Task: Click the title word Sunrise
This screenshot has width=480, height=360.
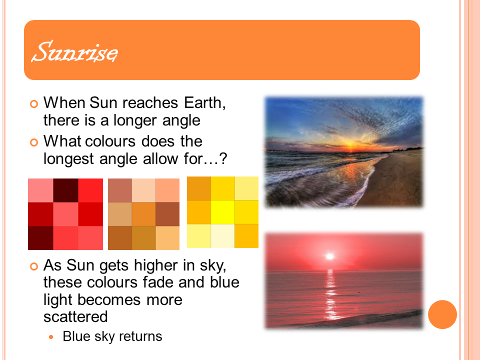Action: pyautogui.click(x=74, y=51)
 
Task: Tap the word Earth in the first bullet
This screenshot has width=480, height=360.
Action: pyautogui.click(x=205, y=103)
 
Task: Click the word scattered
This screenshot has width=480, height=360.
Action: pyautogui.click(x=75, y=316)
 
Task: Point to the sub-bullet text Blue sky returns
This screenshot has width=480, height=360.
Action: pyautogui.click(x=112, y=336)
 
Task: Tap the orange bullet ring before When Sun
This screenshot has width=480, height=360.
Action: pyautogui.click(x=34, y=104)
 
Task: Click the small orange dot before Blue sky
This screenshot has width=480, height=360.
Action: pyautogui.click(x=51, y=337)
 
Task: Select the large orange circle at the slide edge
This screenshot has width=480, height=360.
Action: pyautogui.click(x=442, y=314)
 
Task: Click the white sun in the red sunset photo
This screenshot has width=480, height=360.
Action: pyautogui.click(x=329, y=256)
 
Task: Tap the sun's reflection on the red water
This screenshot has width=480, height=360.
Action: pyautogui.click(x=330, y=294)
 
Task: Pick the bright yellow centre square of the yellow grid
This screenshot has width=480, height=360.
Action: pyautogui.click(x=223, y=212)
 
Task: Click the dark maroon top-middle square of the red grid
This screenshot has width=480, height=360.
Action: pyautogui.click(x=65, y=190)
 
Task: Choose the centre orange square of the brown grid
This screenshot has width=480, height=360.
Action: pyautogui.click(x=143, y=214)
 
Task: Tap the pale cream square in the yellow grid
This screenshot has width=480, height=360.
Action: pyautogui.click(x=223, y=236)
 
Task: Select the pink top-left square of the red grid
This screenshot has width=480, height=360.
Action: pyautogui.click(x=40, y=190)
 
